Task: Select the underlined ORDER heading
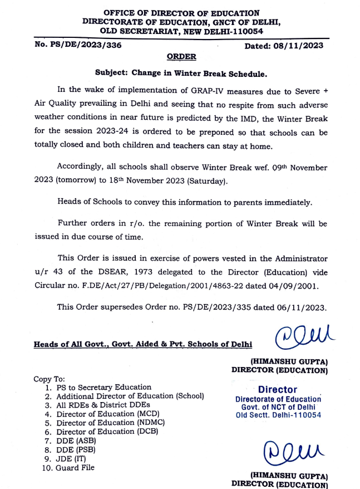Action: pos(181,57)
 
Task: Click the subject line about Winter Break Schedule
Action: pos(181,73)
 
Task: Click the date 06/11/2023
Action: pos(303,307)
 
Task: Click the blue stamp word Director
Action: pos(278,390)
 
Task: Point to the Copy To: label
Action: pos(50,378)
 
